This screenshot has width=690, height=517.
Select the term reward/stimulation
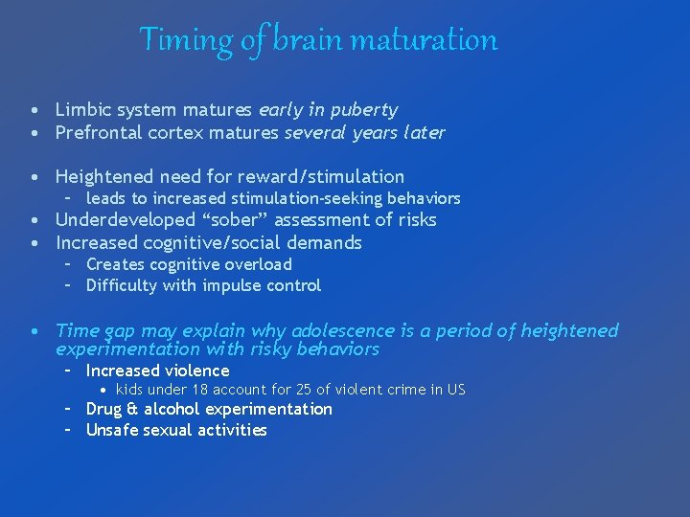(323, 176)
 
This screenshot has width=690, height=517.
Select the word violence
(196, 371)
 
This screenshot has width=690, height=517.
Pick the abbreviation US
(455, 390)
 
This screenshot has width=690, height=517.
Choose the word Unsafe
(112, 430)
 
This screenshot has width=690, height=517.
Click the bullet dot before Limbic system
(34, 111)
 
